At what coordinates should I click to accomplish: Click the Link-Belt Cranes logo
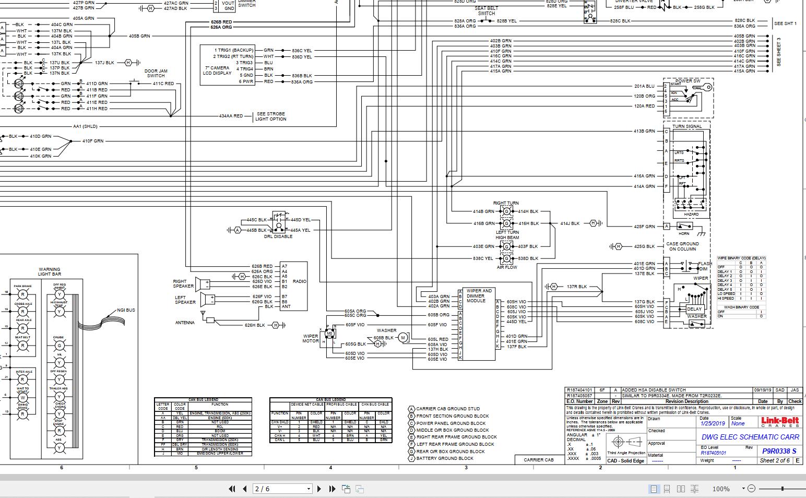point(780,422)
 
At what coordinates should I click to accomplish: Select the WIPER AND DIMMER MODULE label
point(479,295)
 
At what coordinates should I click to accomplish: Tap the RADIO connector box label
point(300,281)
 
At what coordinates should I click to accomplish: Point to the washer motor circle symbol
point(403,338)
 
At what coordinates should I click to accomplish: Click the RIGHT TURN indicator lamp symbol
point(506,211)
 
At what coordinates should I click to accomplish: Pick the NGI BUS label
point(126,310)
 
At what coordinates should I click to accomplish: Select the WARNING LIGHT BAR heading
point(50,272)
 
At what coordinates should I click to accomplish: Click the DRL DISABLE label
point(278,236)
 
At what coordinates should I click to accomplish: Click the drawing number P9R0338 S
point(779,451)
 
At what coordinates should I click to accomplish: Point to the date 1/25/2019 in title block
point(713,424)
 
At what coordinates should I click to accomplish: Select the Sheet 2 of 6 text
point(774,460)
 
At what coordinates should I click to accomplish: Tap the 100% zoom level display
point(720,489)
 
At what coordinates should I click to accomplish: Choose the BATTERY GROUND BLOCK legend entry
point(445,458)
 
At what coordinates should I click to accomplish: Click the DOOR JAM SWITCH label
point(156,73)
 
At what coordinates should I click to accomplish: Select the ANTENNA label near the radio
point(185,323)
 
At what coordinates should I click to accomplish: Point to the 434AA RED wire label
point(231,116)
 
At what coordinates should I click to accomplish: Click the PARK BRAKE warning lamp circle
point(23,295)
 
